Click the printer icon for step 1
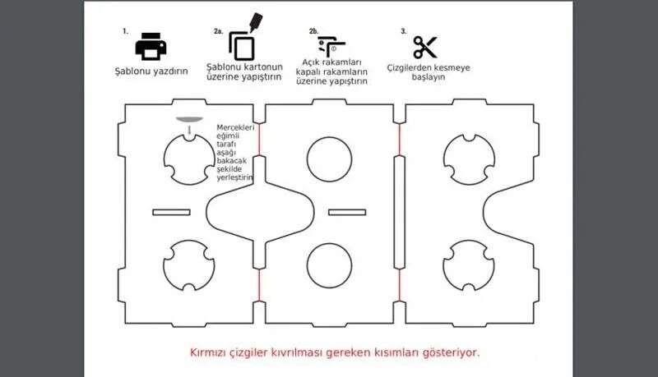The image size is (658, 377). (151, 46)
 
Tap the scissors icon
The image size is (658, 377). (425, 47)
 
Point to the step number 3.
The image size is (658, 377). (404, 30)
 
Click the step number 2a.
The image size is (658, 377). (218, 31)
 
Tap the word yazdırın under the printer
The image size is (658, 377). (169, 71)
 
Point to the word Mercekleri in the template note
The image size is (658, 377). (235, 127)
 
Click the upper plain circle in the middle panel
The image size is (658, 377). (331, 159)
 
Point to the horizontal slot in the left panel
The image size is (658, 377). (178, 213)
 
